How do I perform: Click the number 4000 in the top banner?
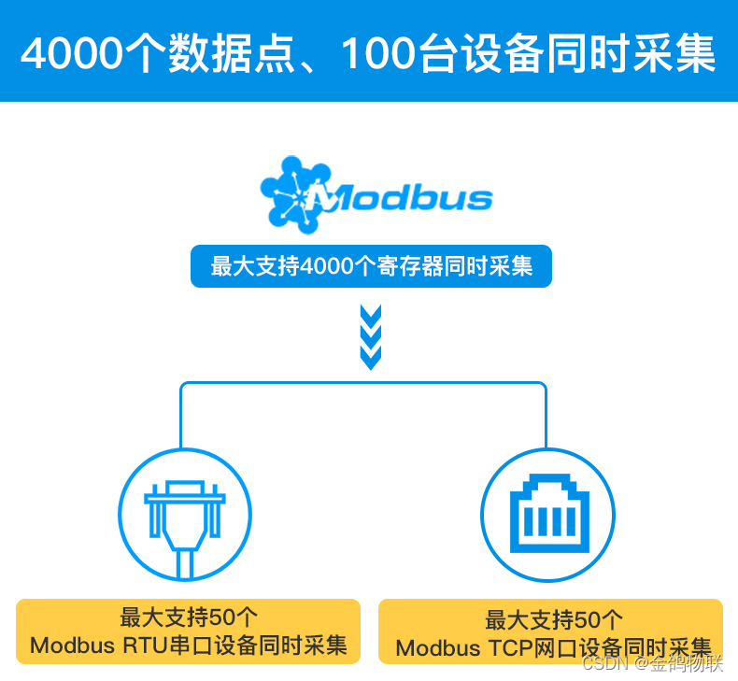click(70, 53)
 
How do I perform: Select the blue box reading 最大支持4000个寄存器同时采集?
click(371, 266)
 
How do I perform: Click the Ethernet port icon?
click(547, 516)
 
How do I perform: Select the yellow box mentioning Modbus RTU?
click(188, 631)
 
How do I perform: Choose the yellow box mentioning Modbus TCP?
click(550, 632)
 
